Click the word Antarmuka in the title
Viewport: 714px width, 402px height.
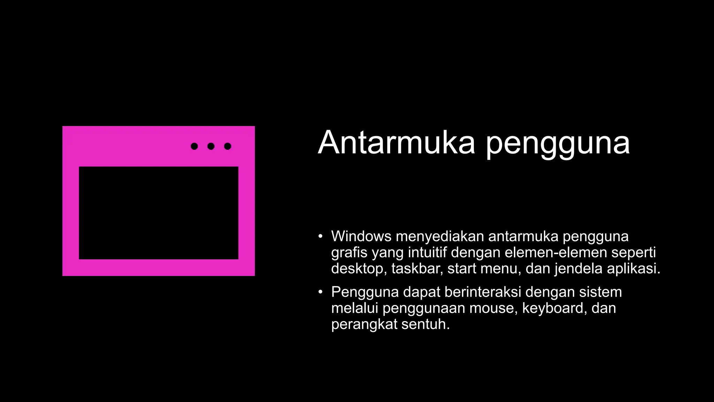pyautogui.click(x=396, y=142)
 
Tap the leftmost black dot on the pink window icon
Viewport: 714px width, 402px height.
pyautogui.click(x=194, y=146)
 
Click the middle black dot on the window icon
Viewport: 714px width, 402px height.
pyautogui.click(x=211, y=146)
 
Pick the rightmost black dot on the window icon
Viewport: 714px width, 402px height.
pyautogui.click(x=228, y=146)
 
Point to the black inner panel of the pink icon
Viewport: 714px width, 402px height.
pyautogui.click(x=159, y=213)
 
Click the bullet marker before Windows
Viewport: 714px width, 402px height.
pyautogui.click(x=320, y=236)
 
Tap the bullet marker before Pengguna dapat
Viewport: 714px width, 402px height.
pyautogui.click(x=320, y=292)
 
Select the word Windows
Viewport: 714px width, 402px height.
pyautogui.click(x=361, y=237)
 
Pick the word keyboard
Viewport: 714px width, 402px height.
pyautogui.click(x=552, y=308)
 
